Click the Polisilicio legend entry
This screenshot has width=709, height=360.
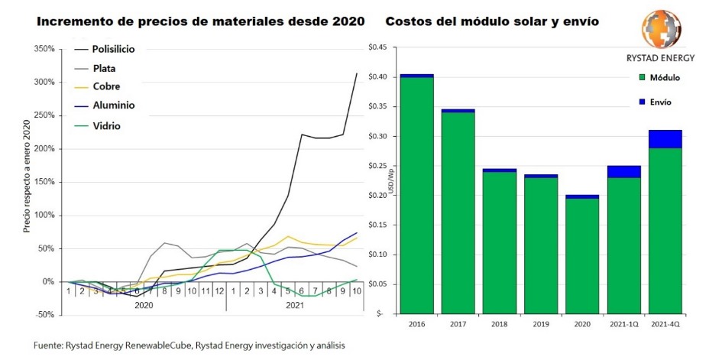(x=114, y=50)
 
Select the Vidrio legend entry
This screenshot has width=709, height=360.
(x=107, y=126)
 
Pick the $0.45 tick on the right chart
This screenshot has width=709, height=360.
(x=378, y=47)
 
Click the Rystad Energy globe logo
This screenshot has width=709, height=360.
(x=659, y=30)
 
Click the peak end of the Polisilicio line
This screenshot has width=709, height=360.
(x=357, y=74)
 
